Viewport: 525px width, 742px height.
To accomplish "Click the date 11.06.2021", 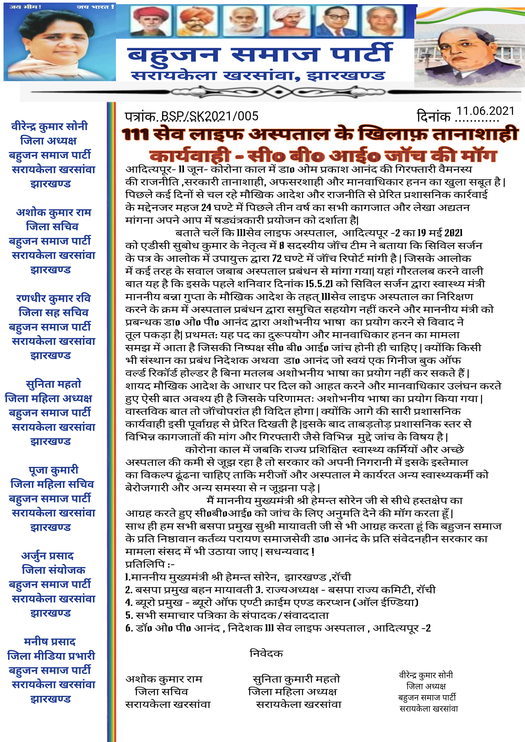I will point(485,111).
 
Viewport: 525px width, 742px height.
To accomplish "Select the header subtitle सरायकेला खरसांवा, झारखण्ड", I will point(258,76).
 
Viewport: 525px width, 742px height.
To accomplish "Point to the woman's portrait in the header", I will point(60,44).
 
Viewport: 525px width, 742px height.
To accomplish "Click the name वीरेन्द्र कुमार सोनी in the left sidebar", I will point(49,126).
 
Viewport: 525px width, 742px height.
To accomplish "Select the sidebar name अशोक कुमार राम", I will point(54,212).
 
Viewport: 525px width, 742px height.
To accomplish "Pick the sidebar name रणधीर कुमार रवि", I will point(53,298).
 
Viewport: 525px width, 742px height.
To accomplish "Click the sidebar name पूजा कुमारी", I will point(53,470).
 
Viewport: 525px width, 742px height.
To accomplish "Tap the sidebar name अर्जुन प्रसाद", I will point(47,556).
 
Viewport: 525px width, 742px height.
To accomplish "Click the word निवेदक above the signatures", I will point(266,653).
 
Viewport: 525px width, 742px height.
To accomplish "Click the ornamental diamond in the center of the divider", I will point(278,92).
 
